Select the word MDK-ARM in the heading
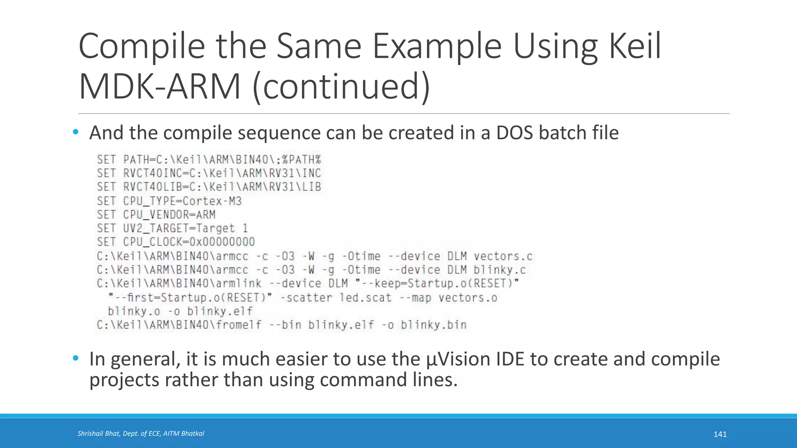click(160, 86)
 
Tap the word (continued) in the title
click(341, 86)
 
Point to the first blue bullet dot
click(75, 132)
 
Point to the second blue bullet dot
click(75, 358)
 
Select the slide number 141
click(720, 434)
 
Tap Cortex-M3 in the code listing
click(212, 201)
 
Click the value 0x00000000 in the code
click(222, 242)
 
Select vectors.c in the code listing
click(503, 256)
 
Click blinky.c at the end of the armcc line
click(500, 270)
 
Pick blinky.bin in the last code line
click(434, 325)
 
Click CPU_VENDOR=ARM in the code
click(169, 215)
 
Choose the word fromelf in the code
click(239, 325)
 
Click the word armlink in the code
click(239, 283)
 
